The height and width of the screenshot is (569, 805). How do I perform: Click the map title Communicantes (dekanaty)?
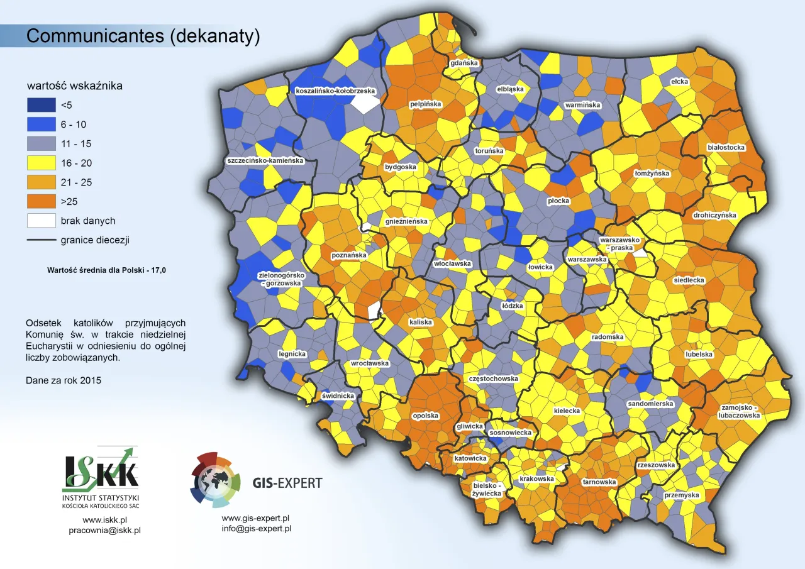[x=143, y=36]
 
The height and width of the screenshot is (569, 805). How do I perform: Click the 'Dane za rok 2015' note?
[x=64, y=380]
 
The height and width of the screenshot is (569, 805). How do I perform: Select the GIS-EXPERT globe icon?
[x=216, y=479]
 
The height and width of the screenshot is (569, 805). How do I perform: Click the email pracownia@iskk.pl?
[x=104, y=530]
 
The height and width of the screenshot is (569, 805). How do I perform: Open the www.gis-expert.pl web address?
[x=255, y=518]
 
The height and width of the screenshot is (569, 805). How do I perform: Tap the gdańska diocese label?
[x=464, y=64]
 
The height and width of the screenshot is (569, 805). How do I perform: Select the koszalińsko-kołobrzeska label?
[x=335, y=91]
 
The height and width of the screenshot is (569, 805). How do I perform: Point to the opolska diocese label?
[x=425, y=416]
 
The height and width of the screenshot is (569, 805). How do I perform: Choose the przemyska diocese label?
[x=682, y=495]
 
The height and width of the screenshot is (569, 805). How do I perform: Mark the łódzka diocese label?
[x=513, y=306]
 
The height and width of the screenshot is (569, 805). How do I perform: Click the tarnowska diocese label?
[x=599, y=482]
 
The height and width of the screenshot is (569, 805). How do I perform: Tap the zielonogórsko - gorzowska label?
[x=281, y=279]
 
